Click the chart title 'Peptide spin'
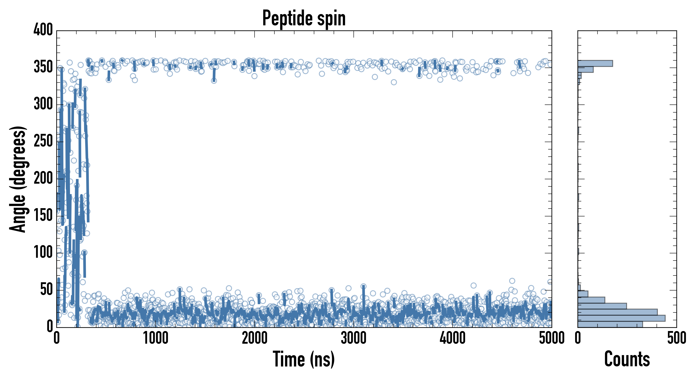(x=304, y=18)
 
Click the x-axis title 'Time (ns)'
(x=304, y=359)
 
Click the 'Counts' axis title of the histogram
(x=627, y=359)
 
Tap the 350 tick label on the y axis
(x=43, y=67)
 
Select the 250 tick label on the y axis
(x=43, y=141)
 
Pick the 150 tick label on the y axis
(x=43, y=216)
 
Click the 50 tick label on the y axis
(x=46, y=290)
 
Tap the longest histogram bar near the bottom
(x=621, y=318)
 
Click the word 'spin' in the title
(x=332, y=18)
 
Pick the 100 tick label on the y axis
(x=43, y=253)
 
